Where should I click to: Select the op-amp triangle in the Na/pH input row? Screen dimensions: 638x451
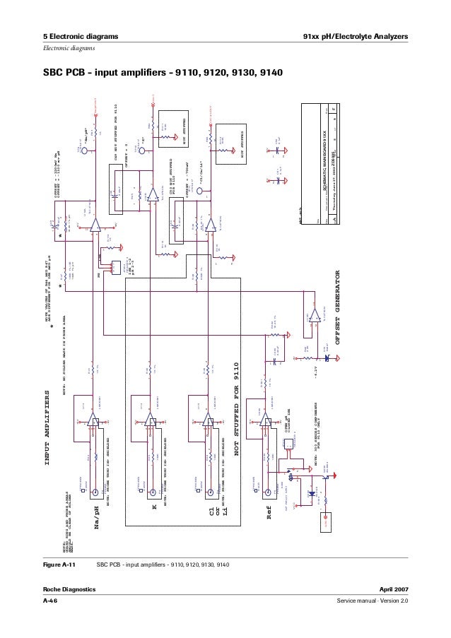pos(93,423)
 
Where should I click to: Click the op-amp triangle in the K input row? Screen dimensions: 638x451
pos(151,423)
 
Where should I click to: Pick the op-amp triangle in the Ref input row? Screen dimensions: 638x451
pos(266,423)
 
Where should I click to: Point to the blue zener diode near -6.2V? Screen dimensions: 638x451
pos(326,359)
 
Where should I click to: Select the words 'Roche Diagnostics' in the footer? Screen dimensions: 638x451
pos(68,589)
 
